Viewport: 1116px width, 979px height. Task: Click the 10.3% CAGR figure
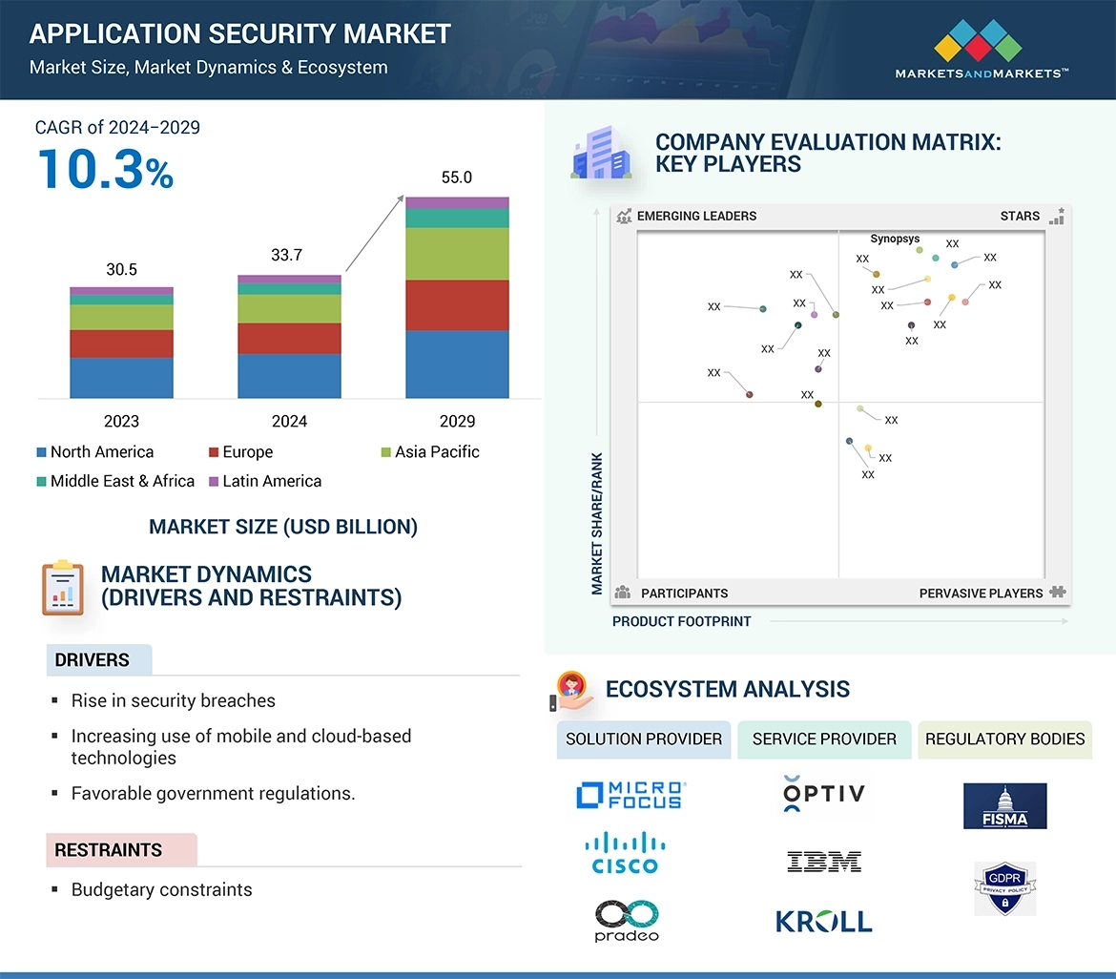[105, 169]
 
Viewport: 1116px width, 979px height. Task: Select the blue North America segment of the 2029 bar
[457, 364]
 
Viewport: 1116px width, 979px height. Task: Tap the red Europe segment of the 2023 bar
[121, 344]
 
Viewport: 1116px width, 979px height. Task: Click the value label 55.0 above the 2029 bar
[457, 177]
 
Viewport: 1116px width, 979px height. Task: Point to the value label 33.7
[289, 255]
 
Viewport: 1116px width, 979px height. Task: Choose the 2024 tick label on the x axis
[289, 421]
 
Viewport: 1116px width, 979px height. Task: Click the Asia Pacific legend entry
[436, 452]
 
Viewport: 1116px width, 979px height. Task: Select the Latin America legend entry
[271, 481]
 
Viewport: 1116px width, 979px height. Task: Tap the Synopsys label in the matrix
[895, 240]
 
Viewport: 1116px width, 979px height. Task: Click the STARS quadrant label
[1020, 216]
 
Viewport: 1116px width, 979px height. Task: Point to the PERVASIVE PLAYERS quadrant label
[981, 594]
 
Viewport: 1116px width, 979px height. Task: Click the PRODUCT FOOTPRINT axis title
[681, 621]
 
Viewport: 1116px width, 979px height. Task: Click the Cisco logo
[625, 852]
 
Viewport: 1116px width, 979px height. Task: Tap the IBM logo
[824, 862]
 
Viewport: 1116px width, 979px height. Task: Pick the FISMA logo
[1004, 806]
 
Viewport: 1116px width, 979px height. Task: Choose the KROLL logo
[824, 921]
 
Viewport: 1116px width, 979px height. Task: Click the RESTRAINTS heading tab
[109, 849]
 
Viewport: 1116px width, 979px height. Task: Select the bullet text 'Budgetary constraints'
[161, 889]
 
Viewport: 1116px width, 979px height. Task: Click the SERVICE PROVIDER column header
[824, 739]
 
